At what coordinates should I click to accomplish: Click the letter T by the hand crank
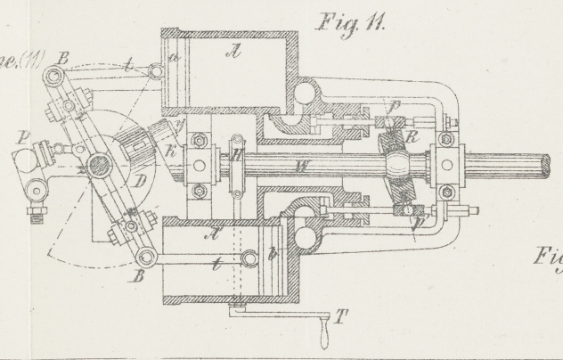point(339,317)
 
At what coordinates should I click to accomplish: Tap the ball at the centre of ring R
point(397,166)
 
